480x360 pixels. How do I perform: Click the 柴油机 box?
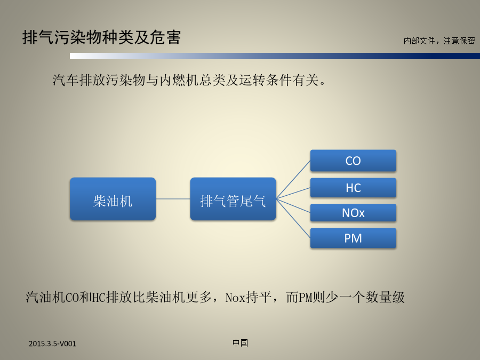(113, 199)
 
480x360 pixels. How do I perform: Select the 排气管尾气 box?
(233, 199)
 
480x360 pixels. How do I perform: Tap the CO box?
(353, 161)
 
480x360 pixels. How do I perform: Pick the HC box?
(353, 188)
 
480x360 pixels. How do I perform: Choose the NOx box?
(353, 213)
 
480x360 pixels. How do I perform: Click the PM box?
(353, 238)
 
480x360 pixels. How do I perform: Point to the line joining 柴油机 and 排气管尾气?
(173, 199)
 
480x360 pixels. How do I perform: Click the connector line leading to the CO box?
(293, 180)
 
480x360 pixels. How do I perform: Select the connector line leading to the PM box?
(293, 218)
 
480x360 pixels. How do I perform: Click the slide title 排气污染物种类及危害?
(101, 37)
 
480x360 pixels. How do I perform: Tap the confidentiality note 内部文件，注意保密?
(439, 41)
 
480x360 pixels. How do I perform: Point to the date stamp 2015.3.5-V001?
(52, 343)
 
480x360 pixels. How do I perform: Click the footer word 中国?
(240, 343)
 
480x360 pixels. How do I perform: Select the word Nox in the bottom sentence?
(235, 297)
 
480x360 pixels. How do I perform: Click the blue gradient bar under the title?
(275, 55)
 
